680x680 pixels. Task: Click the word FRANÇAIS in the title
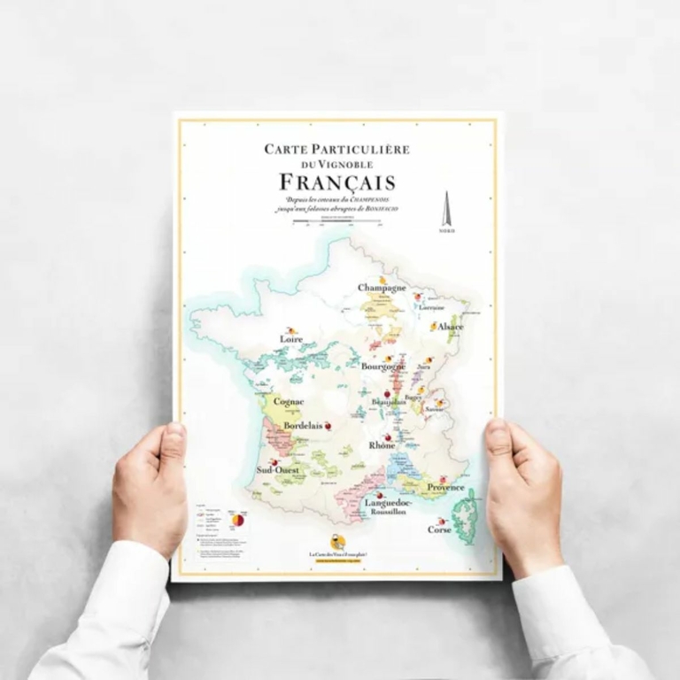pyautogui.click(x=337, y=182)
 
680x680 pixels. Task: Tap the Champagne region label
pyautogui.click(x=382, y=288)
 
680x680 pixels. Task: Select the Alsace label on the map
pyautogui.click(x=450, y=327)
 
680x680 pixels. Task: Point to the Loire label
pyautogui.click(x=291, y=339)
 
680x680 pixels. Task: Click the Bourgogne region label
pyautogui.click(x=383, y=366)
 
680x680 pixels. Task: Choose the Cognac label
pyautogui.click(x=289, y=401)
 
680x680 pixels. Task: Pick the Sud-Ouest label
pyautogui.click(x=277, y=470)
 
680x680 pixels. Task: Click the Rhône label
pyautogui.click(x=382, y=445)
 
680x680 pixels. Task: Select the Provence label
pyautogui.click(x=445, y=487)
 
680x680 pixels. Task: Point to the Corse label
pyautogui.click(x=439, y=529)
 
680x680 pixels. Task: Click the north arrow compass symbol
pyautogui.click(x=447, y=211)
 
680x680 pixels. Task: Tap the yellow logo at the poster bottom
pyautogui.click(x=337, y=541)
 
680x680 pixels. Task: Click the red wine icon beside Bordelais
pyautogui.click(x=329, y=425)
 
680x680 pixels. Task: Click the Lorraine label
pyautogui.click(x=431, y=307)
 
